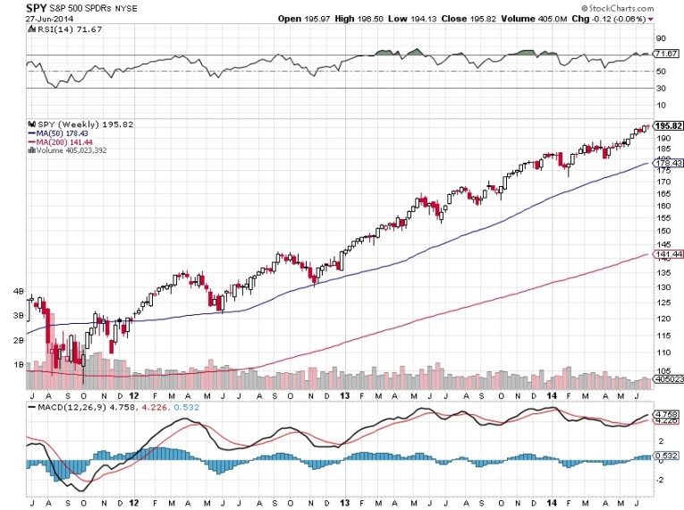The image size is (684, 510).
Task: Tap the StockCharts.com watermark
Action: (640, 6)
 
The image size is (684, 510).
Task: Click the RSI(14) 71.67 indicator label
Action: (57, 30)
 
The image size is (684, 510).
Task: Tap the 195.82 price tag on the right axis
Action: (669, 126)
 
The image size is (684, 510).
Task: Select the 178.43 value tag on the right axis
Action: (669, 163)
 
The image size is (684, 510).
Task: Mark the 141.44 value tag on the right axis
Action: (669, 255)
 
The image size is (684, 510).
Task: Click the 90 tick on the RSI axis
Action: (662, 39)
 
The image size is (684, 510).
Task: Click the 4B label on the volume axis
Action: (17, 291)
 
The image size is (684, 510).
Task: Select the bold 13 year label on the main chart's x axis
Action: (342, 395)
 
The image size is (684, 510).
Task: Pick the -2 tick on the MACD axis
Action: (661, 480)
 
